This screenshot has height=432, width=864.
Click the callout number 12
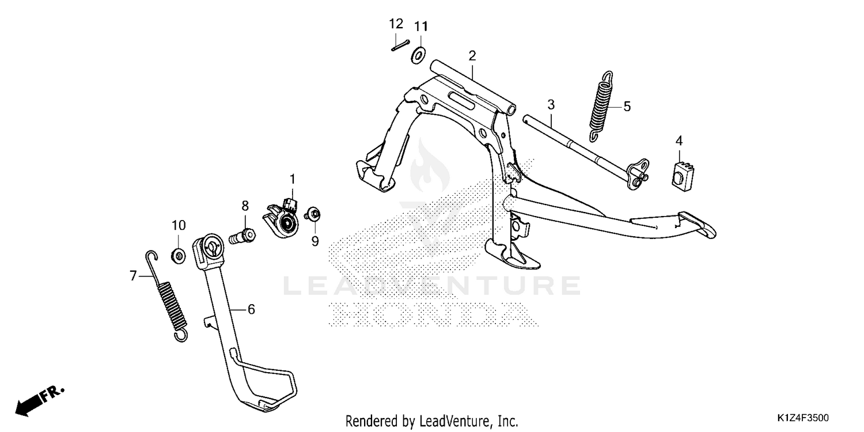[x=396, y=24]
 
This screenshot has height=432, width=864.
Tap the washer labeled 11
[x=418, y=55]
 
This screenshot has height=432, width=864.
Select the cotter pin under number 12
[x=400, y=46]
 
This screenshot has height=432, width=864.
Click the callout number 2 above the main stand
[x=472, y=56]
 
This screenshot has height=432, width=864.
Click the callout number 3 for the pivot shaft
[x=551, y=104]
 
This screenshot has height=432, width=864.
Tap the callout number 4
[x=679, y=141]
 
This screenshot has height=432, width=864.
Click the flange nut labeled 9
[x=312, y=214]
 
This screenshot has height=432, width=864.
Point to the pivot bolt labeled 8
[x=242, y=235]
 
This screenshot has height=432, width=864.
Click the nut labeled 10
[x=178, y=255]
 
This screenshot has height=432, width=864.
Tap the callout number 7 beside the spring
[x=133, y=276]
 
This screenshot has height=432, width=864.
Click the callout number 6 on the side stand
[x=251, y=309]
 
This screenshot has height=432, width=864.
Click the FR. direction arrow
[x=40, y=401]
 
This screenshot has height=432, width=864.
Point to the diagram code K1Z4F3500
[x=803, y=418]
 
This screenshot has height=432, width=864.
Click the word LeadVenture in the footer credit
[x=451, y=420]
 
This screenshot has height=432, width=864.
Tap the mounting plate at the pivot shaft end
[x=638, y=174]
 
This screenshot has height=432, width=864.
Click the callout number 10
[x=179, y=225]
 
